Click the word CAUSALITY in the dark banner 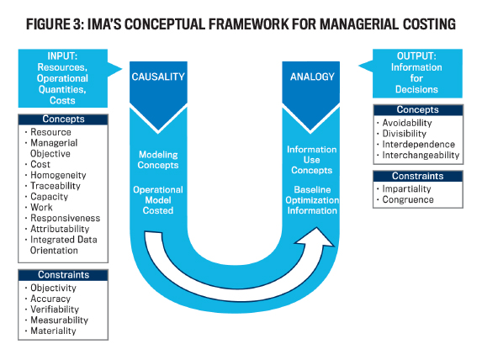(158, 77)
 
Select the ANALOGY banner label (312, 77)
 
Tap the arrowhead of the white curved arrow (316, 237)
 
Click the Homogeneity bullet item (58, 175)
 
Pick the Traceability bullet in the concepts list (56, 186)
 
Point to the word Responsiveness (65, 219)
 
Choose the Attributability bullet (60, 229)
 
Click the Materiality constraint (53, 331)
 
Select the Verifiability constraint (55, 310)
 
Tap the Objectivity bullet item (53, 288)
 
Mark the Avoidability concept (407, 123)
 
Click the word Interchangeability (421, 156)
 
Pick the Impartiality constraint (406, 188)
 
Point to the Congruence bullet (408, 200)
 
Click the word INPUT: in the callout (62, 56)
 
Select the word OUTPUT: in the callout (416, 56)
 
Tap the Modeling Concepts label (158, 160)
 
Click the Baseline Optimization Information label (312, 200)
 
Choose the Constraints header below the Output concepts (418, 176)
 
